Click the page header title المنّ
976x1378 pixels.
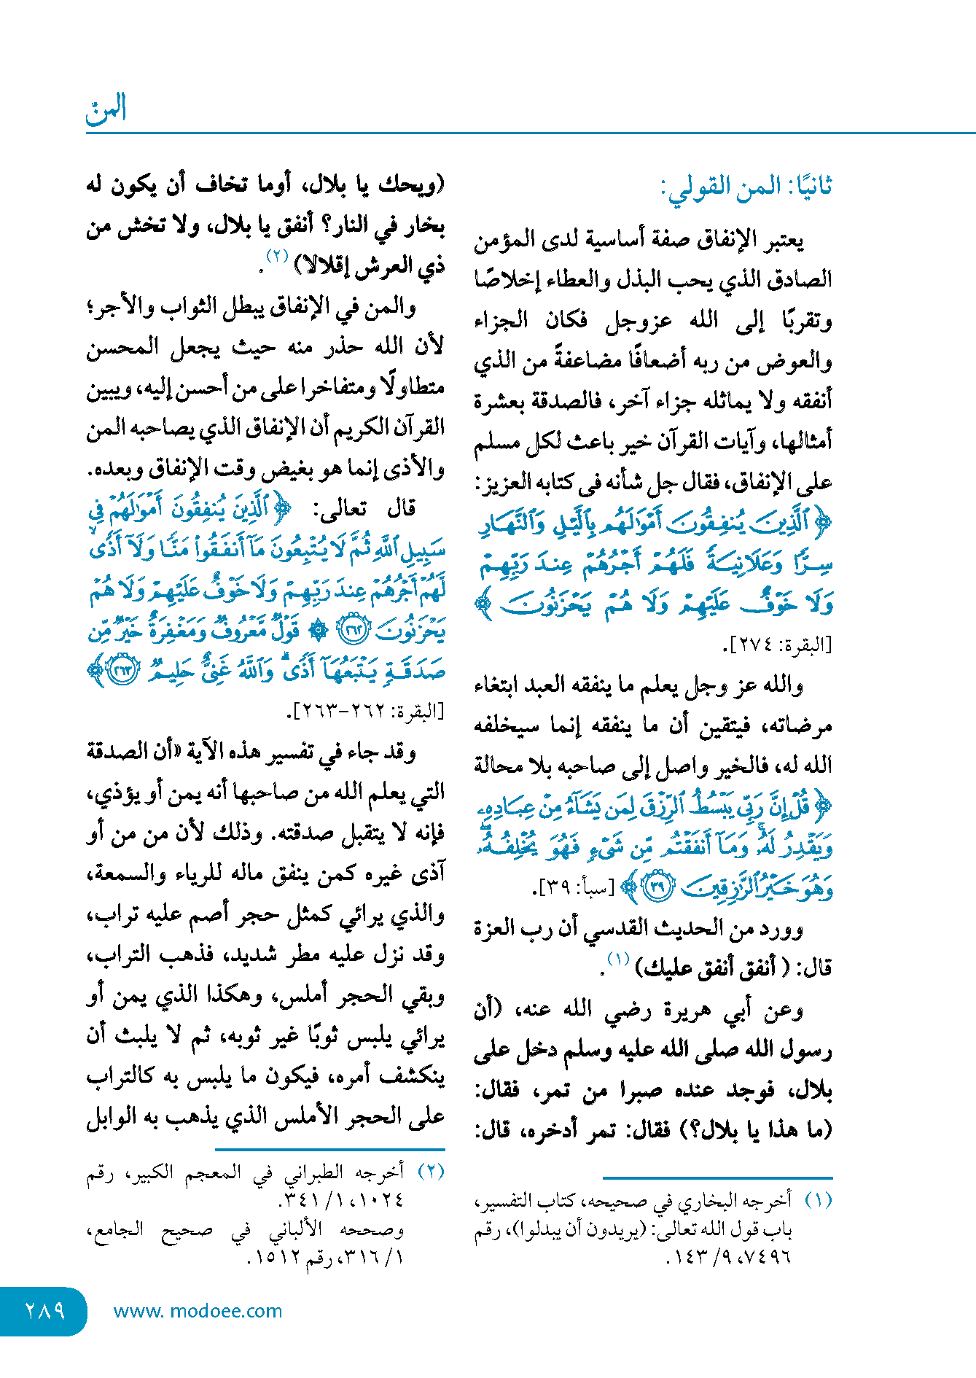(x=106, y=109)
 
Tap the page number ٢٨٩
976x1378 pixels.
(x=44, y=1310)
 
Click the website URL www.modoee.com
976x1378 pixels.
(x=198, y=1311)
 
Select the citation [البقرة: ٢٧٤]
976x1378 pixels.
(x=776, y=645)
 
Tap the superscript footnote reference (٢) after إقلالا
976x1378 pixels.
(x=278, y=256)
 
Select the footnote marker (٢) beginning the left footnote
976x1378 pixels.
(x=431, y=1172)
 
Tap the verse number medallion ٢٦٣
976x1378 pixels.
(x=123, y=670)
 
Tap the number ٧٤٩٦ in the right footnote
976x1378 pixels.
(x=768, y=1257)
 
